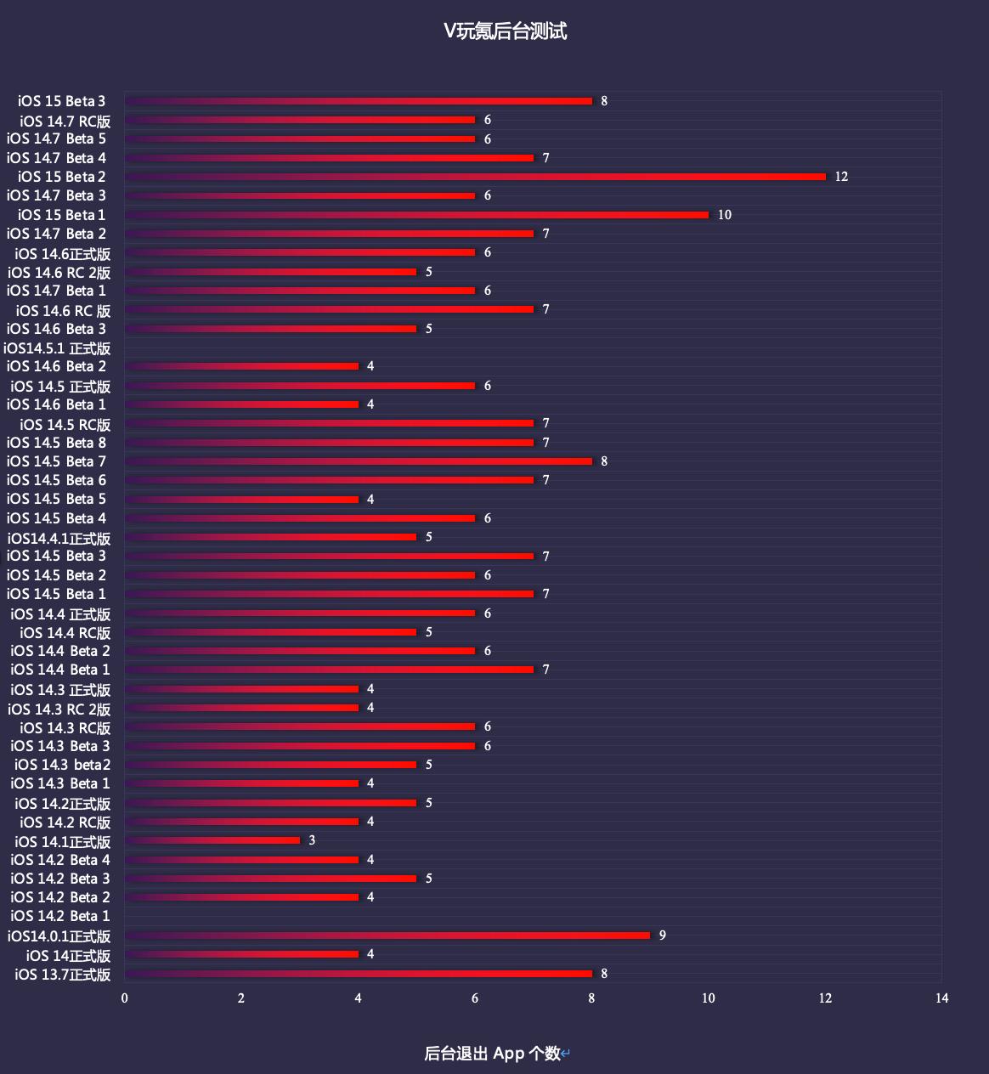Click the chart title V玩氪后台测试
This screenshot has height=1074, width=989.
[x=505, y=31]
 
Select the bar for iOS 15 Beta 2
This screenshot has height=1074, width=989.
[x=476, y=177]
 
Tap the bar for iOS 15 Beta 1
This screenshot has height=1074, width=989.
[x=416, y=215]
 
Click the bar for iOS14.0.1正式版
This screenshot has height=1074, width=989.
[x=387, y=936]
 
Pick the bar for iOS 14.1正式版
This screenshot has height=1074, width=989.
[x=212, y=840]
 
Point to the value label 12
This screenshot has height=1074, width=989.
[x=841, y=177]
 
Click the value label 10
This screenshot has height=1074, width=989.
[x=725, y=215]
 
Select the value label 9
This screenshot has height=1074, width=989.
[x=663, y=936]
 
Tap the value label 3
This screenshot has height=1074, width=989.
[x=312, y=840]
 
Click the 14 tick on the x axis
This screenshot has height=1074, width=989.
[x=941, y=998]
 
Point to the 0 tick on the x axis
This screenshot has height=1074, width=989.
[x=125, y=998]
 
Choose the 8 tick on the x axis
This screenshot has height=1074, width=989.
[x=592, y=998]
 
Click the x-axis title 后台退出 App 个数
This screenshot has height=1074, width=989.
[x=493, y=1054]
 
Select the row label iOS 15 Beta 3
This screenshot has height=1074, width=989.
[x=61, y=101]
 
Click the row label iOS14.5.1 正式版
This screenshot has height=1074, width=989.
[x=57, y=348]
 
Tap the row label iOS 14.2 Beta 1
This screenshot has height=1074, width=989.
[x=60, y=916]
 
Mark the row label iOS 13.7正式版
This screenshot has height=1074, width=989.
[x=63, y=975]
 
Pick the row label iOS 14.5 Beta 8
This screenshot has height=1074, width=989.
[x=57, y=443]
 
